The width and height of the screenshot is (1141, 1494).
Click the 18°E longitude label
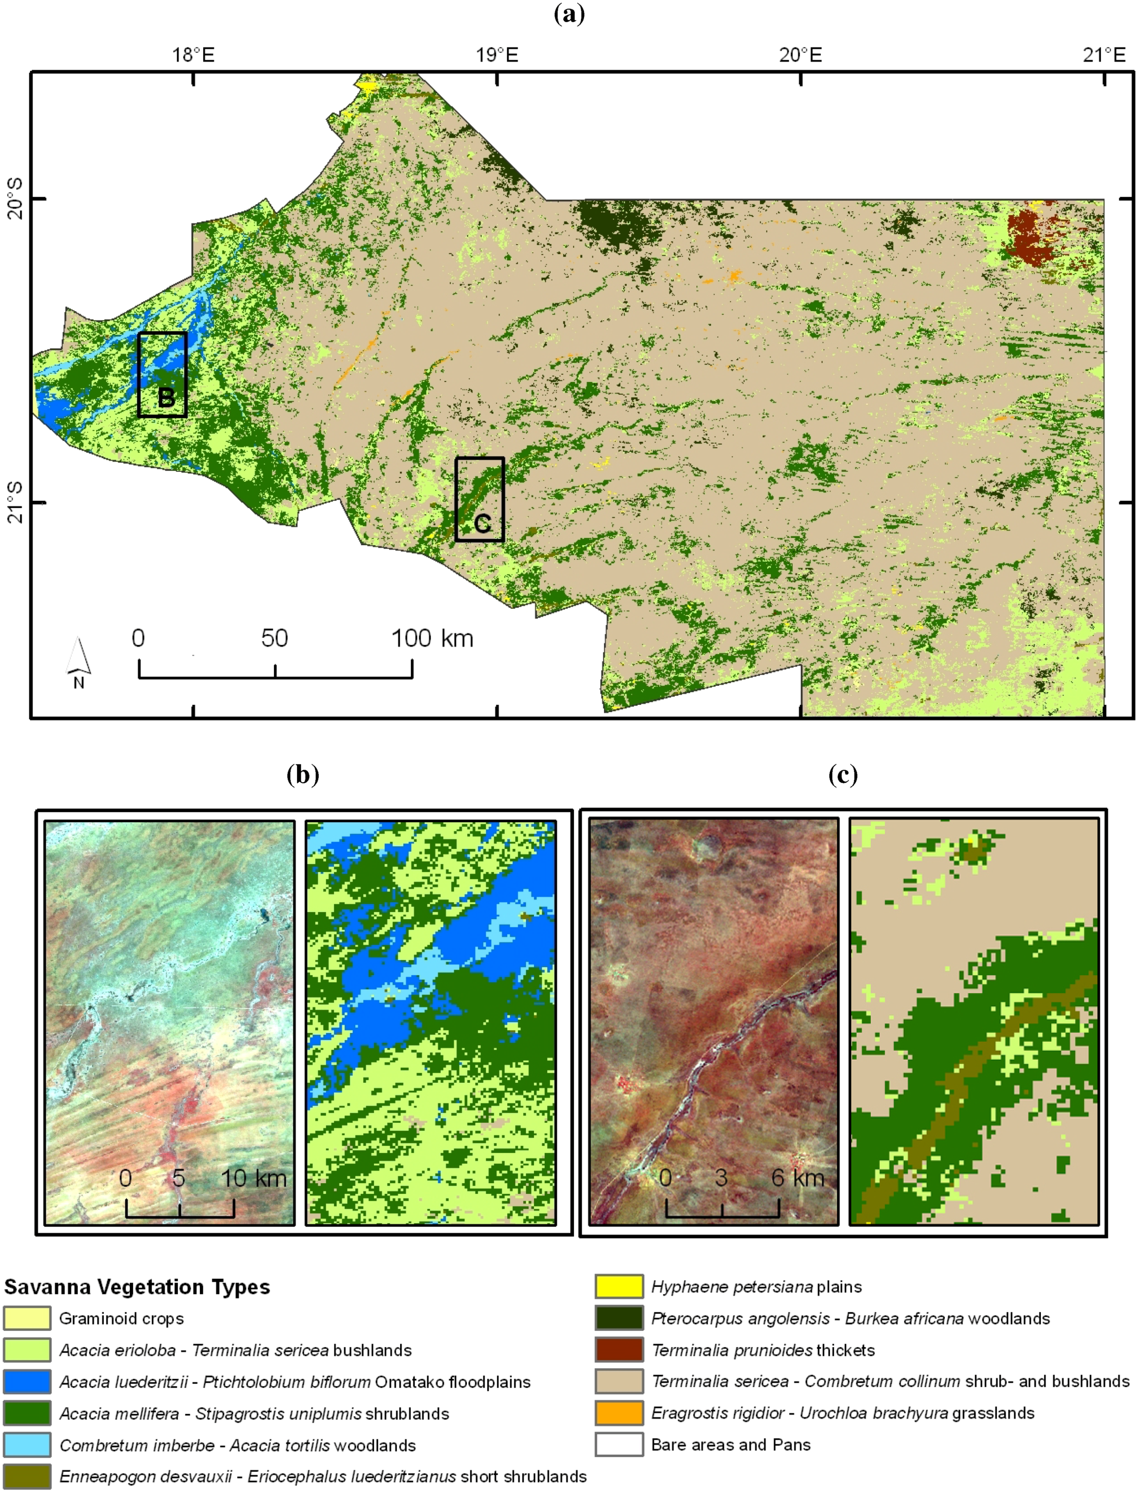(194, 55)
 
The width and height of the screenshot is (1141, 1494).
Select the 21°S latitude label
(15, 502)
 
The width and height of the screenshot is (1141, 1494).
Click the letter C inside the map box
(482, 523)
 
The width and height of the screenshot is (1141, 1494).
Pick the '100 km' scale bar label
(432, 638)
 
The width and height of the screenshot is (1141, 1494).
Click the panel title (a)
(569, 14)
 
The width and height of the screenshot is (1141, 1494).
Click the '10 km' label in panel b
(253, 1178)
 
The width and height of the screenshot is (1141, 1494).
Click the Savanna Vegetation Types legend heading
(136, 1286)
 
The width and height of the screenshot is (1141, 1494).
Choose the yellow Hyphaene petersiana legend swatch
(619, 1286)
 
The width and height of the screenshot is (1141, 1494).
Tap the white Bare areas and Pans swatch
(619, 1445)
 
